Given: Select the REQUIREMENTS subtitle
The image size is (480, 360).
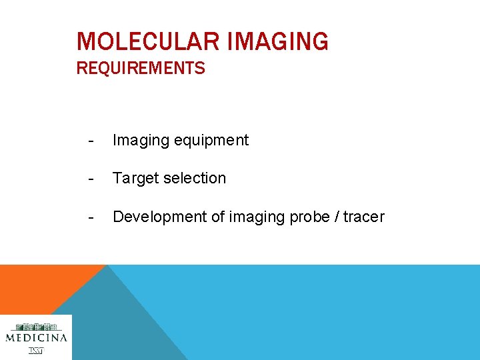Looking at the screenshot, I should tap(141, 69).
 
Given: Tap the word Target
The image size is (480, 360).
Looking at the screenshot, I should tap(135, 178).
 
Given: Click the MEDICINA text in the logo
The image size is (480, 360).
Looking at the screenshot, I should tap(36, 338).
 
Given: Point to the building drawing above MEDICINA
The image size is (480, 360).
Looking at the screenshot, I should tap(36, 327).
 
